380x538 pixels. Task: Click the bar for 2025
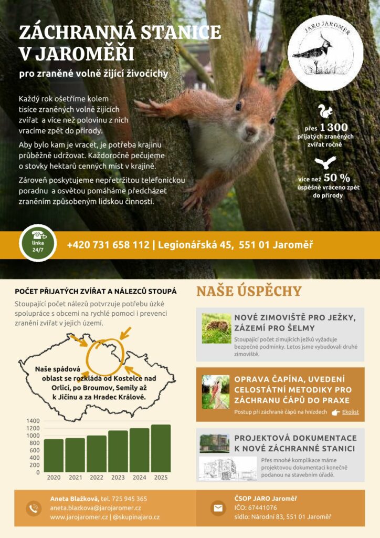pyautogui.click(x=161, y=448)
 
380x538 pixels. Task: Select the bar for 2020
pyautogui.click(x=54, y=456)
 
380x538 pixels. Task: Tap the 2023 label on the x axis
pyautogui.click(x=118, y=477)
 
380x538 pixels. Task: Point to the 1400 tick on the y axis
pyautogui.click(x=33, y=421)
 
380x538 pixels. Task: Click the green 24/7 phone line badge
pyautogui.click(x=38, y=243)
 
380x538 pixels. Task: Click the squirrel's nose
pyautogui.click(x=251, y=130)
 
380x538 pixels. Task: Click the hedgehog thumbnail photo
pyautogui.click(x=217, y=328)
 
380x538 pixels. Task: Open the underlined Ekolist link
pyautogui.click(x=350, y=412)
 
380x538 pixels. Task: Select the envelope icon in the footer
pyautogui.click(x=218, y=508)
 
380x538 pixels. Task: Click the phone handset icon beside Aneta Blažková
pyautogui.click(x=33, y=508)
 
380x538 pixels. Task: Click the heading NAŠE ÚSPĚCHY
pyautogui.click(x=249, y=291)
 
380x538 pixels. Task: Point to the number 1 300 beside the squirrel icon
pyautogui.click(x=334, y=128)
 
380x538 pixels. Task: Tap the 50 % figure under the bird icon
pyautogui.click(x=337, y=178)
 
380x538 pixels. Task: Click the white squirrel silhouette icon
pyautogui.click(x=325, y=111)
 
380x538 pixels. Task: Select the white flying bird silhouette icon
pyautogui.click(x=325, y=162)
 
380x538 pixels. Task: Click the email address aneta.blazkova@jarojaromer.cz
pyautogui.click(x=96, y=508)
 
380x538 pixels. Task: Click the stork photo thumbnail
pyautogui.click(x=216, y=392)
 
